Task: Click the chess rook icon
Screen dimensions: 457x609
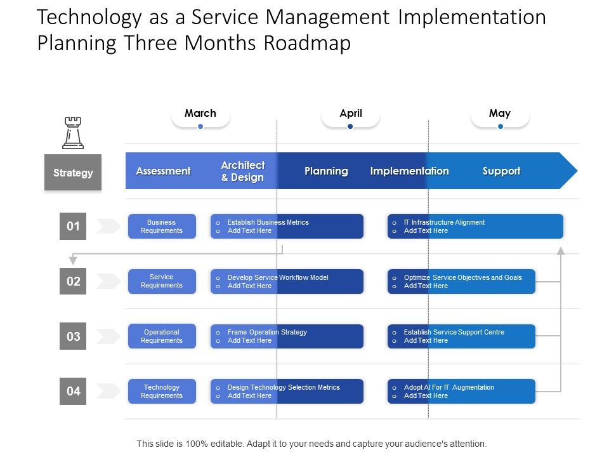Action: click(73, 133)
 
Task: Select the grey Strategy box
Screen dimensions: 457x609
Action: click(73, 173)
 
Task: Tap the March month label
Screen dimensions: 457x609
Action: click(200, 114)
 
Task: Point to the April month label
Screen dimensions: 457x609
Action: click(350, 114)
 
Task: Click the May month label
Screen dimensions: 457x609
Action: click(500, 114)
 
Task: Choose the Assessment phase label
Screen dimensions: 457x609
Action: click(163, 171)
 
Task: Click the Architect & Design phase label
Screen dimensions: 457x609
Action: click(242, 171)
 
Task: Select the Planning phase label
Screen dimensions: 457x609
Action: click(326, 171)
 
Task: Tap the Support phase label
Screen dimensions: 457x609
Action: click(501, 171)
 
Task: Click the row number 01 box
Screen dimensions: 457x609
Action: click(73, 227)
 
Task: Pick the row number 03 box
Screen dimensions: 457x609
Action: click(73, 336)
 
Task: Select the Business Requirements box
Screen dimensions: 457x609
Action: click(162, 227)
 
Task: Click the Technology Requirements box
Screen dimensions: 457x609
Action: click(162, 392)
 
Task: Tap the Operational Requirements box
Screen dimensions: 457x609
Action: click(162, 336)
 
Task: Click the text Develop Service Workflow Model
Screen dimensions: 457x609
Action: click(278, 277)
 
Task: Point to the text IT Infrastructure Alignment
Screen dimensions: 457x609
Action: click(444, 222)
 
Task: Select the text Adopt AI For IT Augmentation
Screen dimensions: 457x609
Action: click(449, 387)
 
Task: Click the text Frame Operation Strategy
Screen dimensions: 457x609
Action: click(267, 332)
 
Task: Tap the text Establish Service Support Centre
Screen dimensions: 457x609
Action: click(454, 332)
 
